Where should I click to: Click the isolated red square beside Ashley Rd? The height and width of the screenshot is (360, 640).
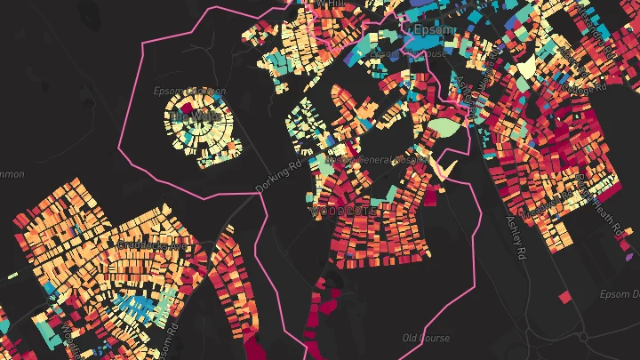click(x=564, y=295)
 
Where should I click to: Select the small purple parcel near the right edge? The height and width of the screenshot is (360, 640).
click(x=629, y=256)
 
